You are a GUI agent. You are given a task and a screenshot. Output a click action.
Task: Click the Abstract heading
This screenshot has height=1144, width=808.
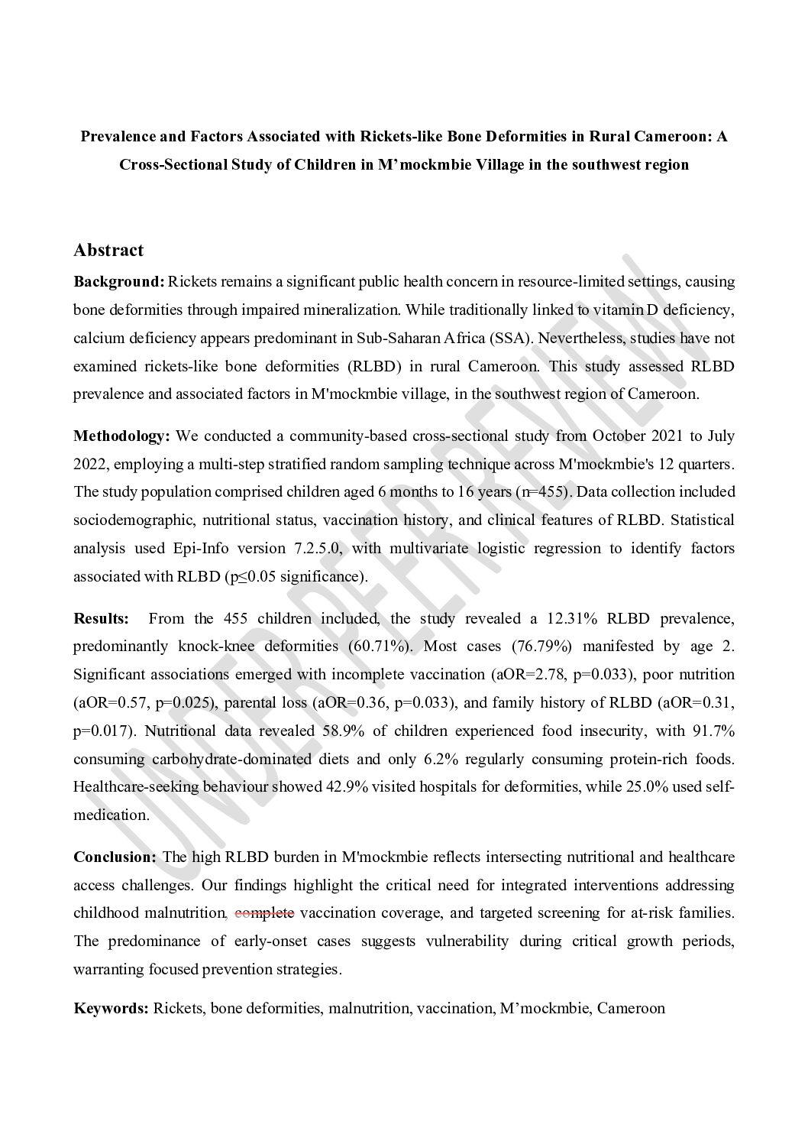click(x=108, y=250)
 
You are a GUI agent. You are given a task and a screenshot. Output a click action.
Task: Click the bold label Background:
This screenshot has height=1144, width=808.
click(x=118, y=281)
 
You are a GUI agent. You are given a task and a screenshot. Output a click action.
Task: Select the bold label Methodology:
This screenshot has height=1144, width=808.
click(x=121, y=436)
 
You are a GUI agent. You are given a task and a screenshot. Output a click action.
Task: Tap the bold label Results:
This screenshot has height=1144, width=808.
click(x=101, y=617)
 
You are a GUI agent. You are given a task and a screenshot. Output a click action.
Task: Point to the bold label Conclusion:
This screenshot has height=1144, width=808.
click(x=115, y=857)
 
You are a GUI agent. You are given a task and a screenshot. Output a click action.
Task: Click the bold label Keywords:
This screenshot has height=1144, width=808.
click(x=111, y=1008)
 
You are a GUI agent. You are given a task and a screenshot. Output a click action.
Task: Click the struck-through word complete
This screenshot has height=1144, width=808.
click(x=264, y=912)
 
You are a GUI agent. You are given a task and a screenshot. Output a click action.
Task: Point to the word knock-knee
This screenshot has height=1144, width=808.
click(x=219, y=646)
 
